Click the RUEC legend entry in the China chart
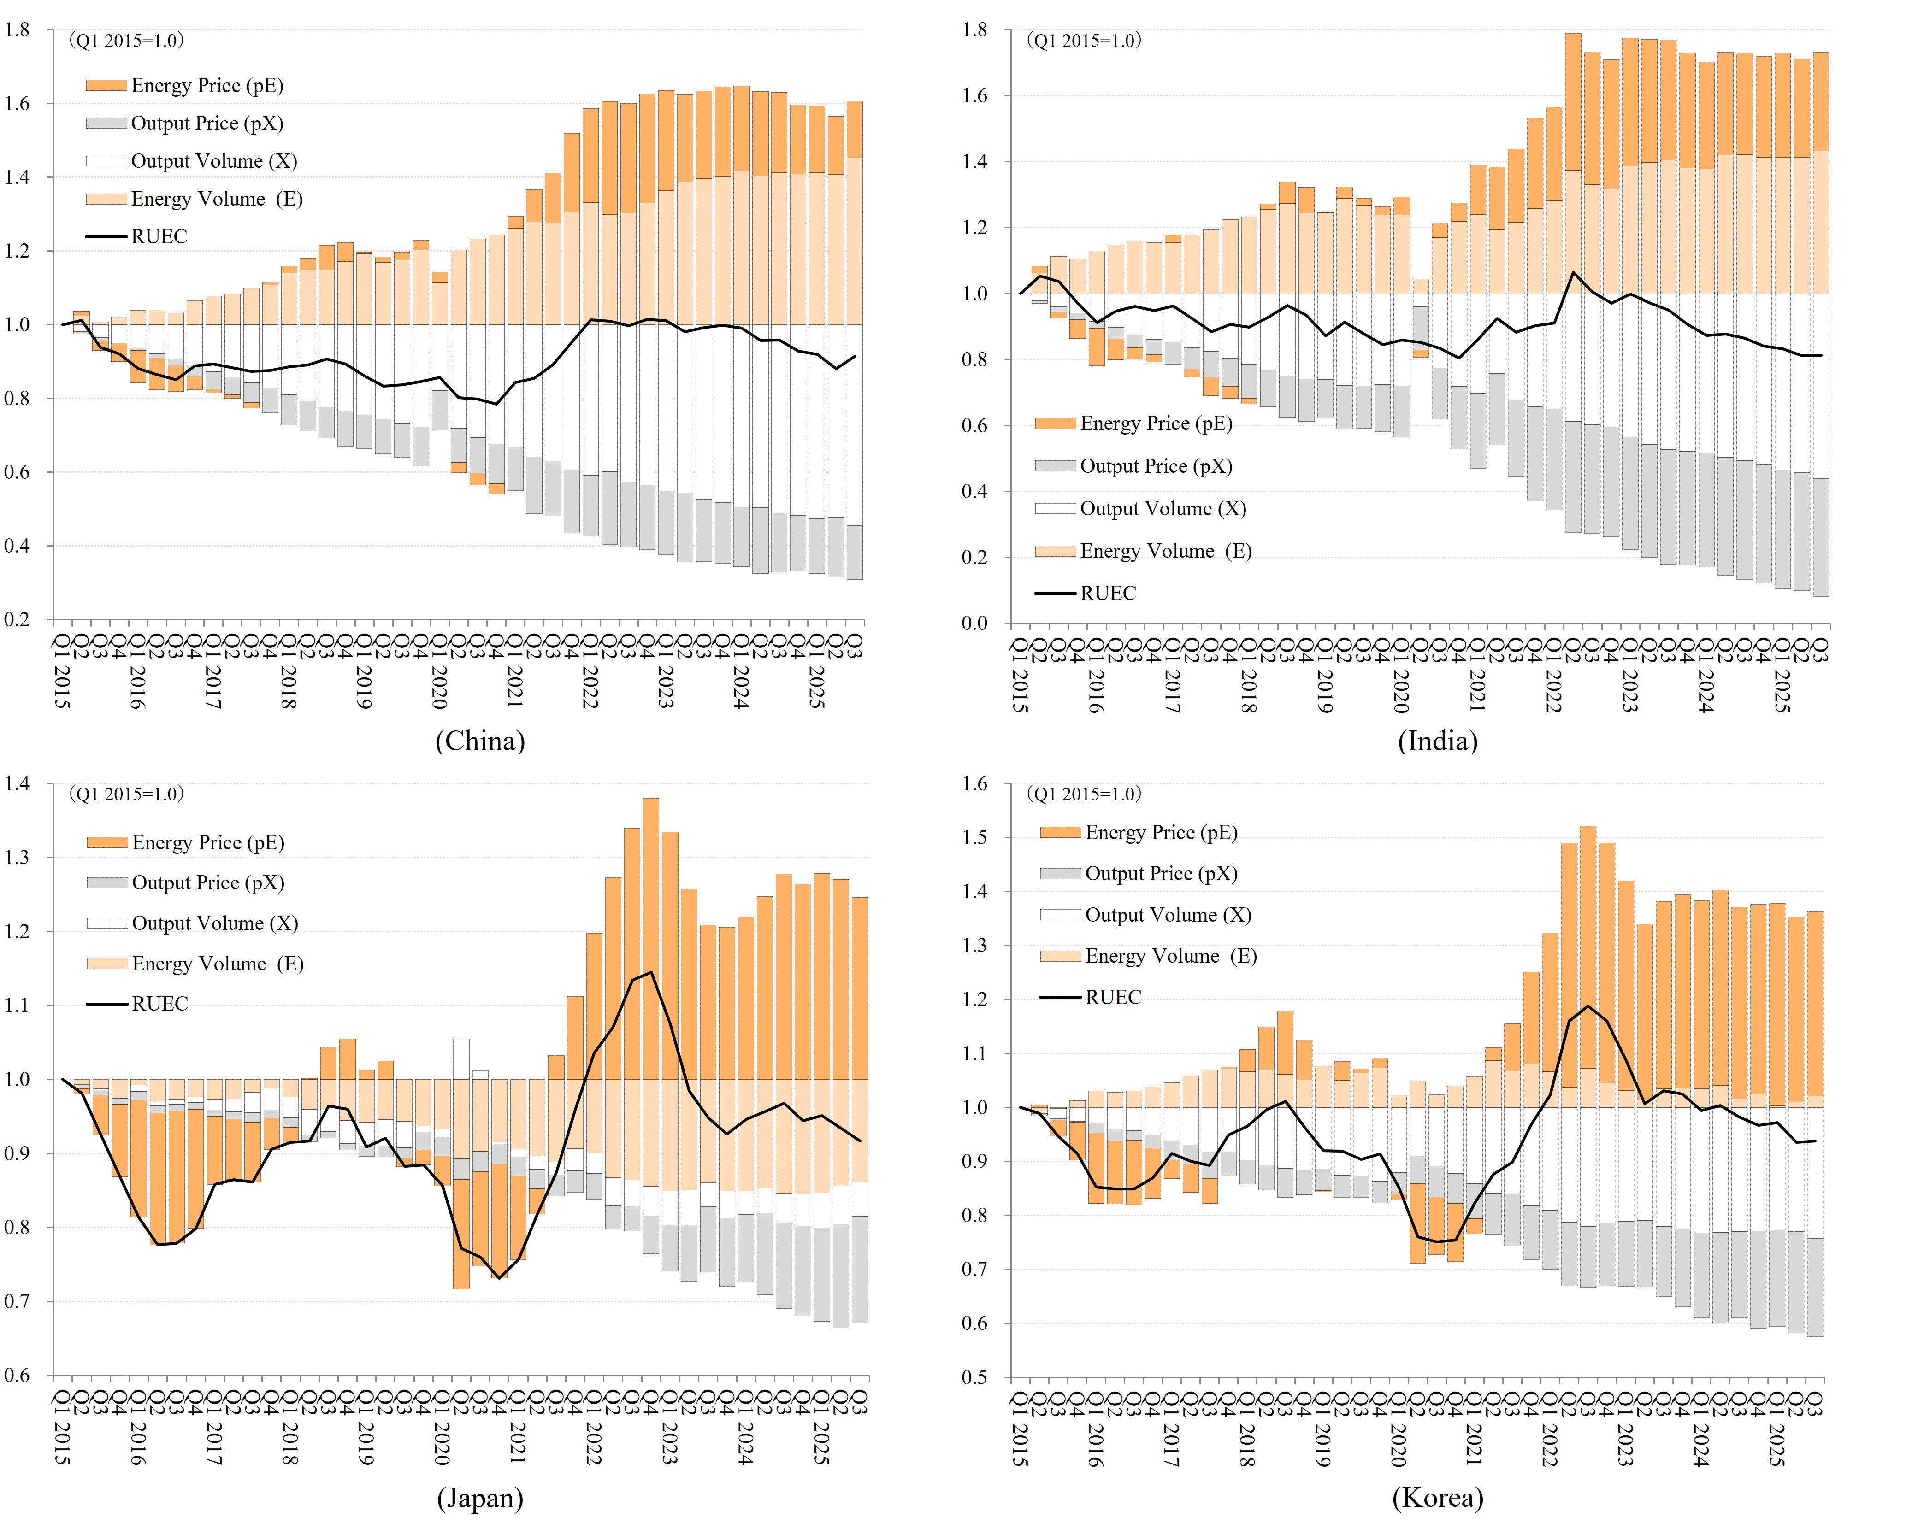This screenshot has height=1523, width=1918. (159, 237)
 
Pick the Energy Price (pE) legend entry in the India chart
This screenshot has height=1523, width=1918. (1155, 423)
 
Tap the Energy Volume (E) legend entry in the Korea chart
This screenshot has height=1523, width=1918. (1170, 956)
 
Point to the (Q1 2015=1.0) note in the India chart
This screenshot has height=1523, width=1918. (1084, 41)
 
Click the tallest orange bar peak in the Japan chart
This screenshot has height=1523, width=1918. (650, 800)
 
